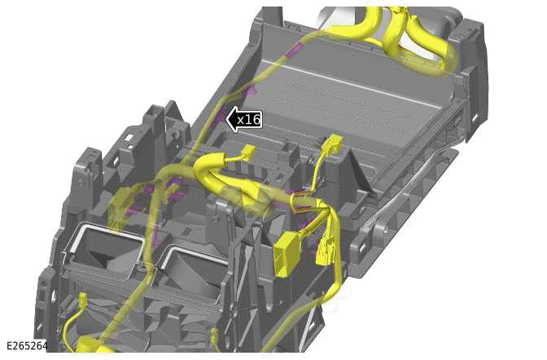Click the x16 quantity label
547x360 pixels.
(249, 120)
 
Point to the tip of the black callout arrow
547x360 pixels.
(227, 120)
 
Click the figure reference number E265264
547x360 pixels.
(27, 345)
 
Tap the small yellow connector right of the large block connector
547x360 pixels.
(325, 250)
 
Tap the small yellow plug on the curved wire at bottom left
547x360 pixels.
(83, 298)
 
